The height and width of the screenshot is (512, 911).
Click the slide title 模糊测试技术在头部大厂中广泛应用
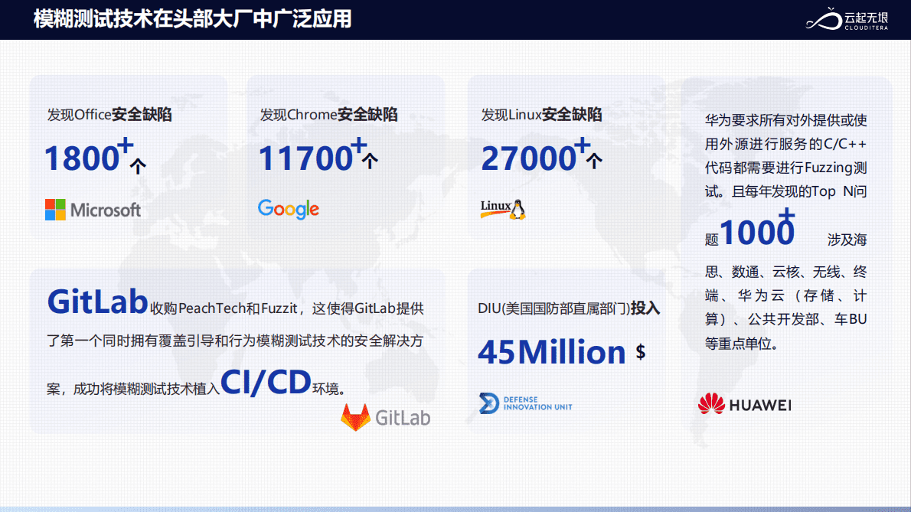[x=192, y=19]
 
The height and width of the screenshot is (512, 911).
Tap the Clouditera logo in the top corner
[x=847, y=19]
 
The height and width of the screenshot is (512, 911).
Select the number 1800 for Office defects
[x=81, y=158]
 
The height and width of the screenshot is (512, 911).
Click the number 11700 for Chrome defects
[x=305, y=158]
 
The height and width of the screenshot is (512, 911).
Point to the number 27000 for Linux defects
[x=528, y=158]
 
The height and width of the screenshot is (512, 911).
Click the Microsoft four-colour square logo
[x=55, y=210]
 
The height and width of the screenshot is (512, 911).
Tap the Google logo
[x=288, y=209]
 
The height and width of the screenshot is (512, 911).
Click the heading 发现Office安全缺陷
[x=109, y=114]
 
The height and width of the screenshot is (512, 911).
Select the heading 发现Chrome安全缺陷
[x=328, y=114]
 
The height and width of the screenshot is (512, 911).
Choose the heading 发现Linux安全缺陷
[x=541, y=114]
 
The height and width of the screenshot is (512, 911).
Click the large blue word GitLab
[x=98, y=302]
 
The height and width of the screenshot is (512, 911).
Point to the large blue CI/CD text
[x=266, y=382]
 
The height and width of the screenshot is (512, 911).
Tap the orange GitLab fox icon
[x=355, y=417]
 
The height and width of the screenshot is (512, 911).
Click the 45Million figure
[x=551, y=352]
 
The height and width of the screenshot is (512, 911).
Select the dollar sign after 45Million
[x=640, y=352]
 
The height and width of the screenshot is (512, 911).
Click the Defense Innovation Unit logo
[x=526, y=403]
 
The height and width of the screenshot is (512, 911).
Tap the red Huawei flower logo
[x=711, y=404]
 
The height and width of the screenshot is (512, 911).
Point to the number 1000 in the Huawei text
[x=756, y=232]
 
